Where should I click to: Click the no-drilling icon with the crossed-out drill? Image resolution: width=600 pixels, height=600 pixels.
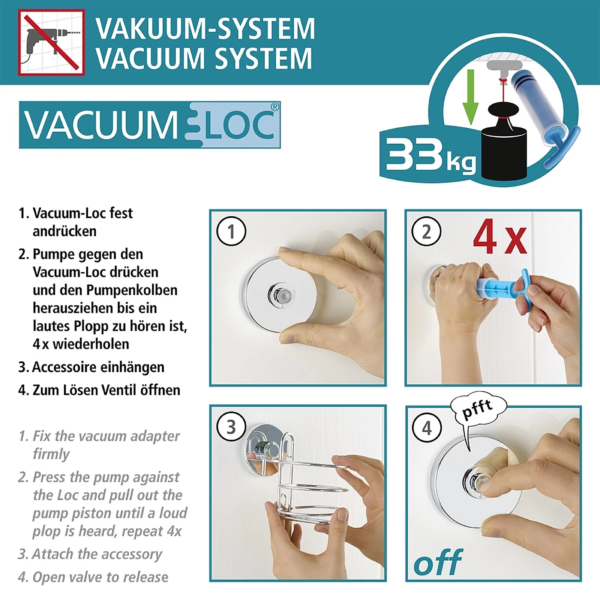tap(51, 42)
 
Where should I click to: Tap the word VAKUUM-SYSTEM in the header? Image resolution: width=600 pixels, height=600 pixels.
tap(205, 29)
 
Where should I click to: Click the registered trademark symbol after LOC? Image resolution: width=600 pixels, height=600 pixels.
tap(275, 107)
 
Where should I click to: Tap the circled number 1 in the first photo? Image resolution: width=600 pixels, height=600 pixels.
tap(231, 231)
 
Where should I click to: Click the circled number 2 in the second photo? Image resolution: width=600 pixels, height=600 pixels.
tap(426, 232)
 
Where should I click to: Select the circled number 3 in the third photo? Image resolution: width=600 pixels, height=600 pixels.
tap(231, 427)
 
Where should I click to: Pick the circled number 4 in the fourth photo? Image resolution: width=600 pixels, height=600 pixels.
tap(427, 428)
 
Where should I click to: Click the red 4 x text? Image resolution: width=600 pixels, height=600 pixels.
tap(500, 237)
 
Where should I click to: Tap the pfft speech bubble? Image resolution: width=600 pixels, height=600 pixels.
tap(478, 409)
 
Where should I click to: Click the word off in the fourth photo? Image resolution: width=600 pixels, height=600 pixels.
tap(438, 562)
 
